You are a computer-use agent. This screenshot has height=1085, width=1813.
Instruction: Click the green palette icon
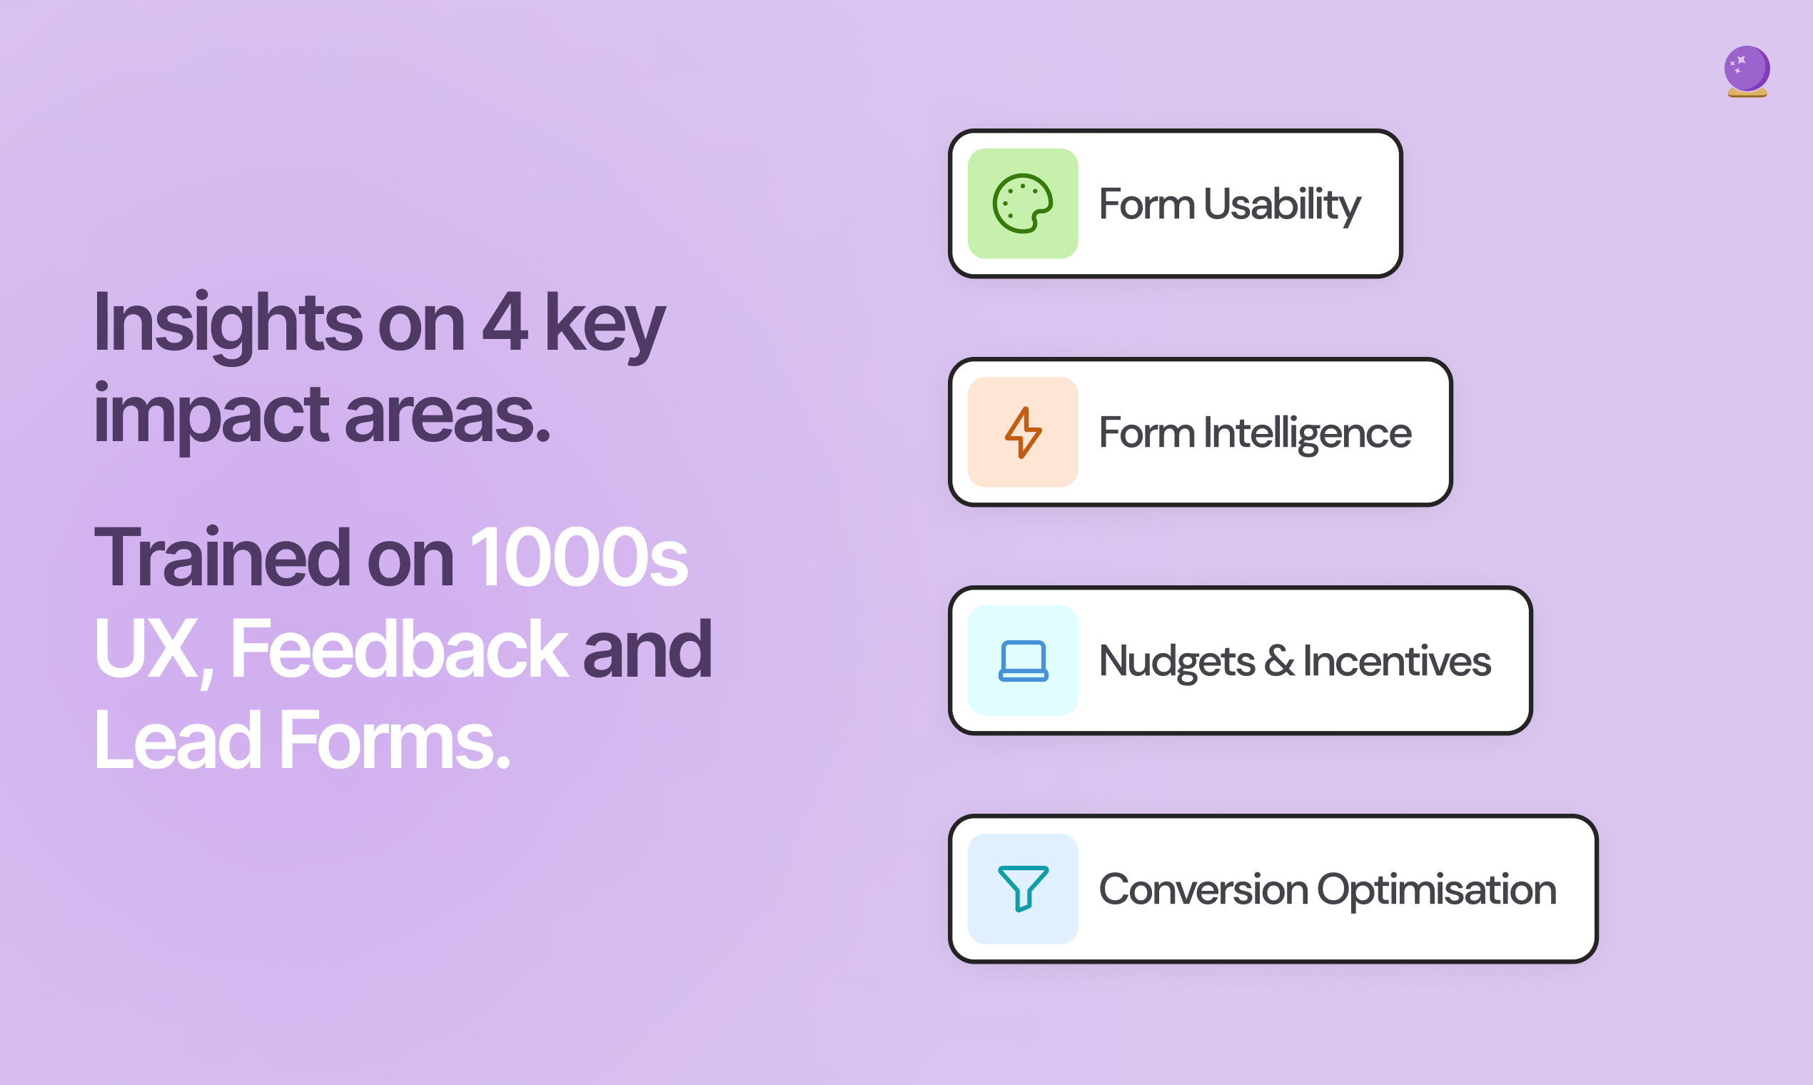[x=1022, y=204]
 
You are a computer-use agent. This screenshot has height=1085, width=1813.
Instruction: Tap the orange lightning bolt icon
[x=1023, y=432]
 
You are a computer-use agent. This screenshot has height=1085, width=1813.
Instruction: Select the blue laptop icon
[x=1023, y=661]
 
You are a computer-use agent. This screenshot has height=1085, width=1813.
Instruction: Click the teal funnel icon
[x=1023, y=888]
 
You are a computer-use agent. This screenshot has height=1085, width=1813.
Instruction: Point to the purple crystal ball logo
[x=1747, y=71]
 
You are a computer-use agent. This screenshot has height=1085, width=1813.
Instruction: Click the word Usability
[x=1282, y=204]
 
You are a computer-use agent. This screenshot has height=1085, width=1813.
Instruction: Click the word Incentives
[x=1397, y=661]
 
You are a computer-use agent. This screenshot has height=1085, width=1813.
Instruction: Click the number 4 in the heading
[x=505, y=321]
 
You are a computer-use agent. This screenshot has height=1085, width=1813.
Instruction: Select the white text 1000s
[x=579, y=557]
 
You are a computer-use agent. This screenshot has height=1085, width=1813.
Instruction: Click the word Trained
[x=223, y=557]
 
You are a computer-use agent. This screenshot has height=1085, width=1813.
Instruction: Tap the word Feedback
[x=399, y=649]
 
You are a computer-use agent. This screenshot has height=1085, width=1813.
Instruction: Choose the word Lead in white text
[x=178, y=740]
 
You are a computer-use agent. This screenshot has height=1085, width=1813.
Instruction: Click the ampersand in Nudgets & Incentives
[x=1279, y=661]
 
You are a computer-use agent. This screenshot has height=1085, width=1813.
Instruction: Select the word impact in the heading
[x=211, y=415]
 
